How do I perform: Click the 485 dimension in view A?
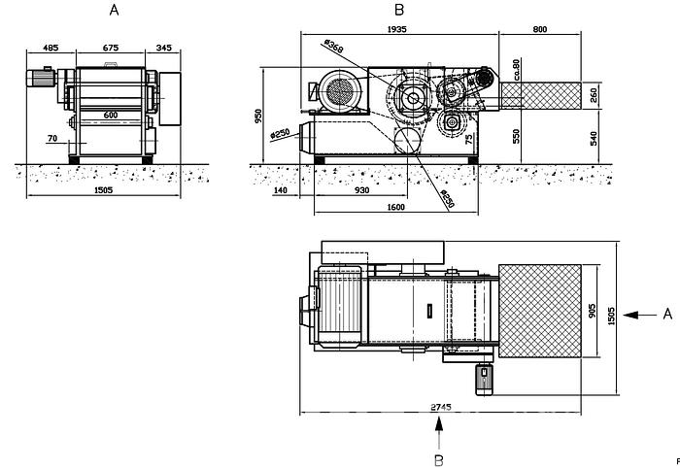[51, 47]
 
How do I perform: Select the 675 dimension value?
[110, 47]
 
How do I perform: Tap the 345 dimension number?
[163, 47]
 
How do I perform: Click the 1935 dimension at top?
[395, 29]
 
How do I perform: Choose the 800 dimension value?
[540, 29]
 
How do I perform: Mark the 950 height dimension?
[258, 116]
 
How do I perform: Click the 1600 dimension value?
[394, 208]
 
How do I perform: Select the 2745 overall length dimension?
[442, 408]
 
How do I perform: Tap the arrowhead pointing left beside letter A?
[631, 315]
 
